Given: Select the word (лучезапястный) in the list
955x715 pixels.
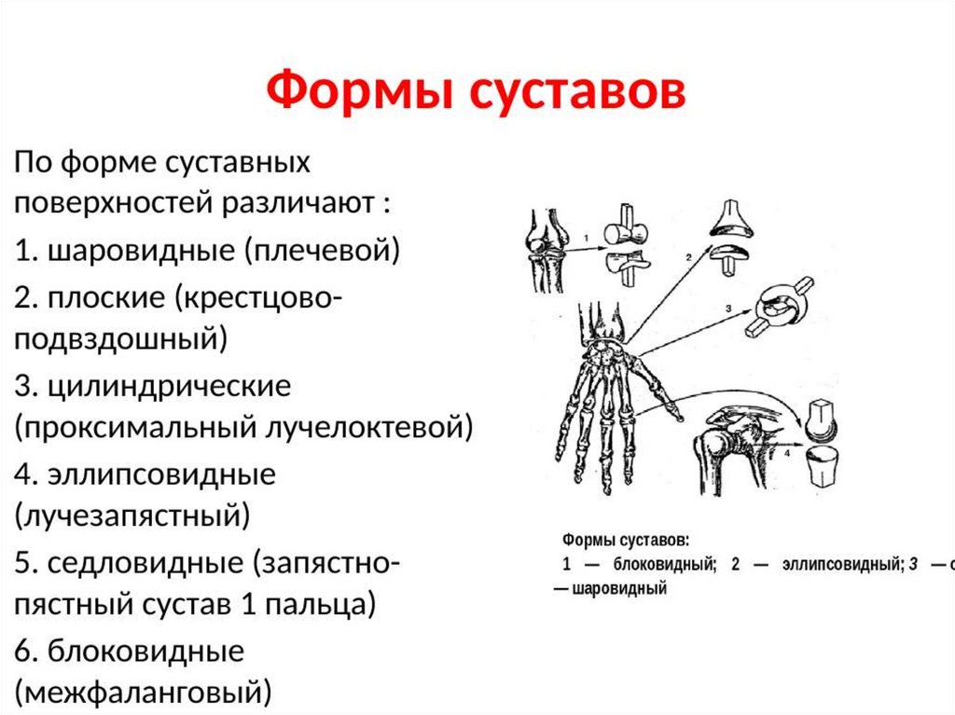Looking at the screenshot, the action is [132, 514].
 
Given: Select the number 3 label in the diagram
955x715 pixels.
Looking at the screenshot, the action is [727, 307].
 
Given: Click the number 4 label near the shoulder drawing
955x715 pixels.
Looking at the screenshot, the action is [786, 454].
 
